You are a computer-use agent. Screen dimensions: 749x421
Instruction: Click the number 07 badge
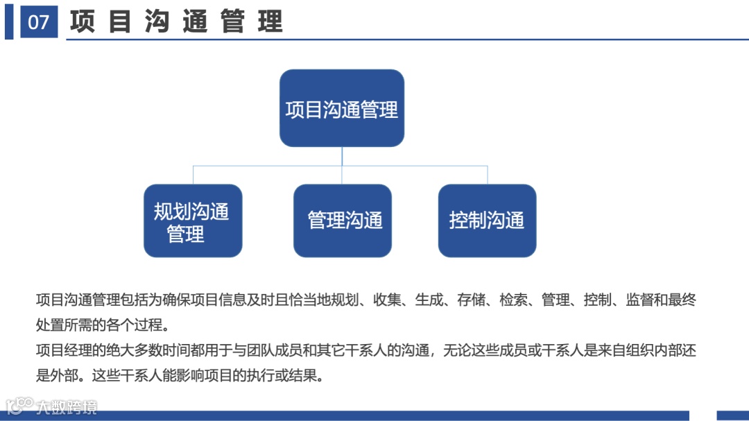39,22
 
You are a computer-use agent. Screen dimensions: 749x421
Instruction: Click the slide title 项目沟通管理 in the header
176,22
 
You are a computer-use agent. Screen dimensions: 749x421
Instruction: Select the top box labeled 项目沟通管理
342,108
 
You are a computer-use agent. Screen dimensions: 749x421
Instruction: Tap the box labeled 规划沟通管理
193,221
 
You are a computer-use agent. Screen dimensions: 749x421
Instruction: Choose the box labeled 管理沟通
343,221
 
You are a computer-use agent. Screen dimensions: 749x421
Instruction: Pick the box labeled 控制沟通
487,221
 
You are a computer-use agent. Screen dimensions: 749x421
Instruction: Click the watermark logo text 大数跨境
67,406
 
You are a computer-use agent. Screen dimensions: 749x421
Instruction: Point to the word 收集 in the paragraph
384,300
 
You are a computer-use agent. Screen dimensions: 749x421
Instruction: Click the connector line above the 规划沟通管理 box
193,175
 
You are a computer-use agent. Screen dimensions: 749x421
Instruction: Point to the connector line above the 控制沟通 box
487,175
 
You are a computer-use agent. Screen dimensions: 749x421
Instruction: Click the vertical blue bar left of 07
9,22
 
